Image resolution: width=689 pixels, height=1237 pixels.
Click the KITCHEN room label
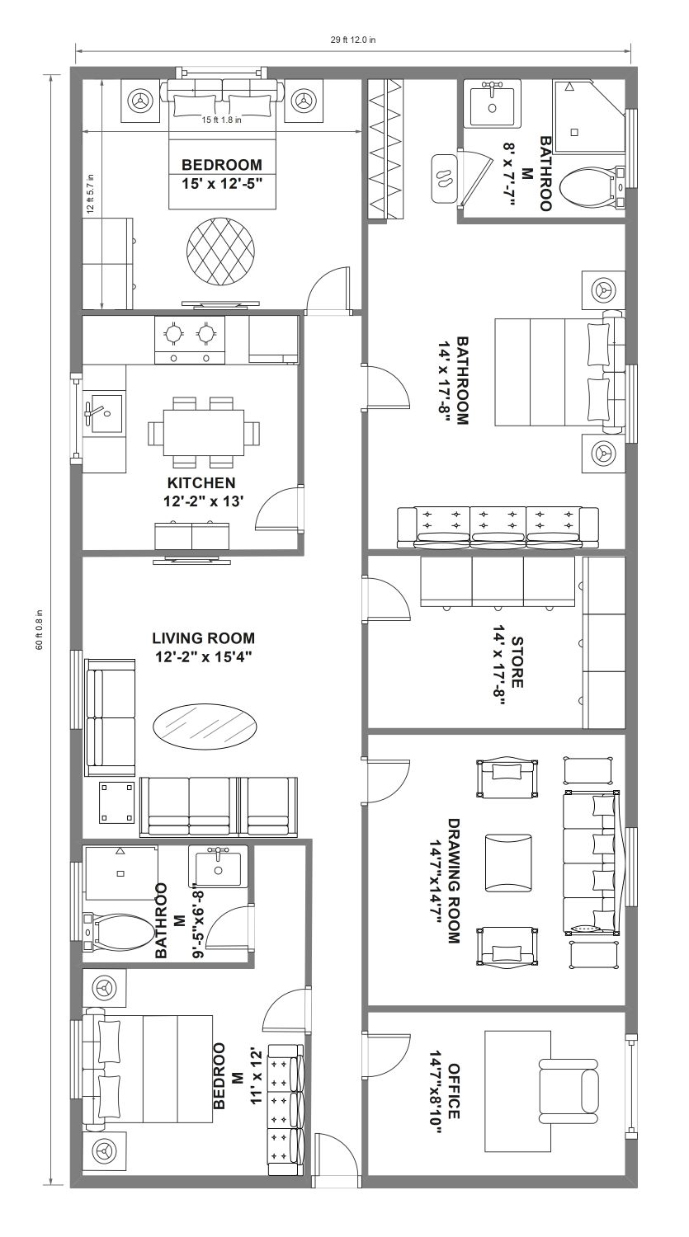201,482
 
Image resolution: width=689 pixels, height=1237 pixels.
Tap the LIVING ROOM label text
203,638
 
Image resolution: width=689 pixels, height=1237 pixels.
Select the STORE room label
517,662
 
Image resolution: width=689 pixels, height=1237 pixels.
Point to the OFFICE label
454,1091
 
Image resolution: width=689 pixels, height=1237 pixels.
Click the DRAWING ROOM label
454,881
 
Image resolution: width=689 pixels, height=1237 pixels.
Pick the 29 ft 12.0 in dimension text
354,40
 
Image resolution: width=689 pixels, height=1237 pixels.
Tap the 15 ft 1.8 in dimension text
222,120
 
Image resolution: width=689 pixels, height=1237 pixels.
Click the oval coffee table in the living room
205,726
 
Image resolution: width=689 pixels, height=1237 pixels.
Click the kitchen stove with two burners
190,340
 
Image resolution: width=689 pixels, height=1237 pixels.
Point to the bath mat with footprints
444,178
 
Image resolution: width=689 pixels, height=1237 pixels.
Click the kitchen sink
103,414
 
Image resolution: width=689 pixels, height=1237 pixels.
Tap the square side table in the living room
116,802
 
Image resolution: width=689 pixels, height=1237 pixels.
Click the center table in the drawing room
508,863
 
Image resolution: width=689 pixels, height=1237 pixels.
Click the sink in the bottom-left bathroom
218,868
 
